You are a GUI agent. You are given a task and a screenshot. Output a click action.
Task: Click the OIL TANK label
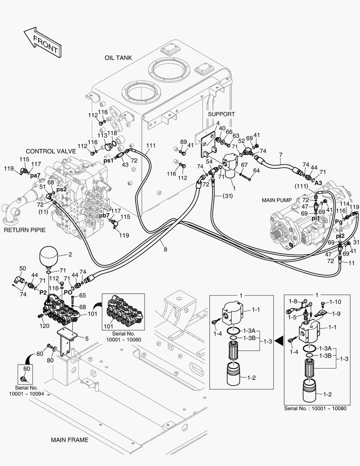click(118, 58)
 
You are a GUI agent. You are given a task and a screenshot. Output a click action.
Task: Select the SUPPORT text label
click(222, 114)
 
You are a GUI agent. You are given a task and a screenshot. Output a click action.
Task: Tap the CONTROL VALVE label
click(51, 151)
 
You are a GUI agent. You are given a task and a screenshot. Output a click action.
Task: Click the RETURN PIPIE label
click(25, 230)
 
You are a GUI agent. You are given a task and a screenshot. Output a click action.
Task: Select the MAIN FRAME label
click(69, 440)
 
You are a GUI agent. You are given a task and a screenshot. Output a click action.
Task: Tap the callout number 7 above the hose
click(280, 155)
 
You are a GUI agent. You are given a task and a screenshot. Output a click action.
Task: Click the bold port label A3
click(318, 183)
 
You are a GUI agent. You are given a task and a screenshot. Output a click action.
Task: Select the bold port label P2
click(43, 292)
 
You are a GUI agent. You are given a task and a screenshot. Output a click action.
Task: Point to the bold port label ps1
click(109, 160)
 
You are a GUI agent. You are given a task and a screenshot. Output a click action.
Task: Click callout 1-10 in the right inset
click(335, 302)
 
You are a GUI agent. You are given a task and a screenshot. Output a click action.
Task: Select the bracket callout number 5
click(87, 339)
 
